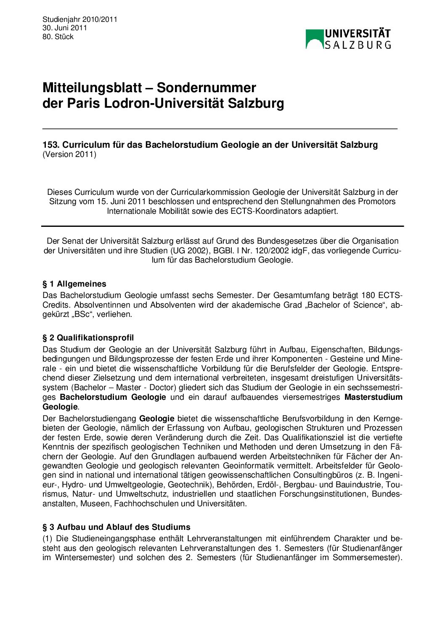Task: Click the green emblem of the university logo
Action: (314, 39)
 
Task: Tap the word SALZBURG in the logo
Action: (358, 45)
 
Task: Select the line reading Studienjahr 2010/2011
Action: (79, 19)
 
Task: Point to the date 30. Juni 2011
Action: (64, 28)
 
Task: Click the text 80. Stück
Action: (58, 37)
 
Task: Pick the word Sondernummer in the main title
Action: (206, 88)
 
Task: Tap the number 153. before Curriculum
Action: (51, 145)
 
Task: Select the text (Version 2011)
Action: (69, 154)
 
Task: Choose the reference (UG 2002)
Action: (189, 250)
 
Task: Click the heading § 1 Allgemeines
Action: (74, 284)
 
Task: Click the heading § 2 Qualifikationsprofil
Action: (88, 338)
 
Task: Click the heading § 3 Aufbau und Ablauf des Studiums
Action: (116, 527)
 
